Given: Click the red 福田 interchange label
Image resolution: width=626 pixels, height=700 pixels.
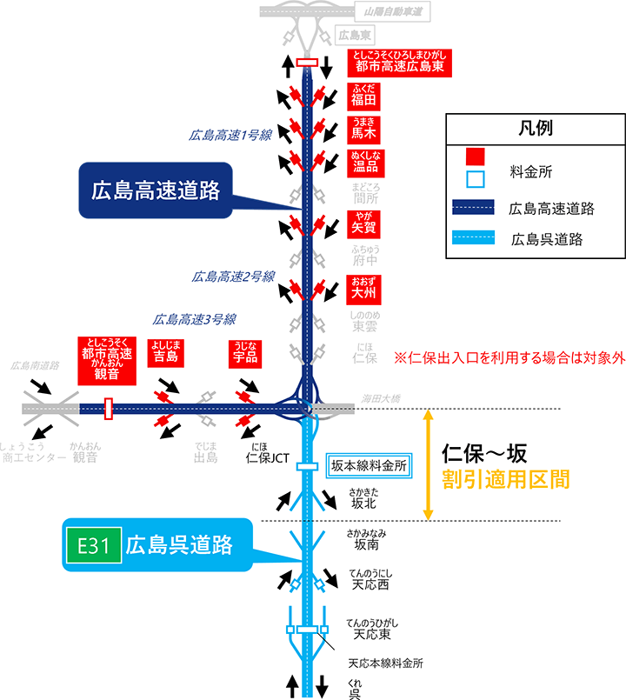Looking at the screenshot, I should [x=362, y=94].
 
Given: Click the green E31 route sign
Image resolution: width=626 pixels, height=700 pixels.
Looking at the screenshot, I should [x=92, y=546].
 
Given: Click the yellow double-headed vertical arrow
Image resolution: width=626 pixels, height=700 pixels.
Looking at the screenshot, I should [x=428, y=465].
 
